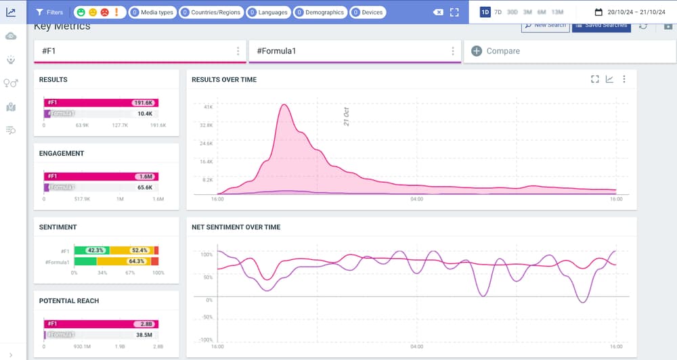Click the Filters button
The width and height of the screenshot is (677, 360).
tap(49, 12)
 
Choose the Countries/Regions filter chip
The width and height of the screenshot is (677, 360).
tap(212, 12)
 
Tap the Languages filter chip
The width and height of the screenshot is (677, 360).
tap(268, 12)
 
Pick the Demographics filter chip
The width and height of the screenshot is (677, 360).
tap(320, 12)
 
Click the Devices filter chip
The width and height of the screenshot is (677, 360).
tap(368, 12)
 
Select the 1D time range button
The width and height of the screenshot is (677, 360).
tap(485, 12)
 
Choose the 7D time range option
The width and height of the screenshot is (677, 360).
tap(498, 12)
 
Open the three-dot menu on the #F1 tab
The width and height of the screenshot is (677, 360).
tap(238, 51)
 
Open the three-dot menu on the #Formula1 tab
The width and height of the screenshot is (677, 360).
tap(453, 51)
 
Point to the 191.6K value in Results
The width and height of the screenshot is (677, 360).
tap(144, 103)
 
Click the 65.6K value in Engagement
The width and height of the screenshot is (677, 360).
tap(144, 187)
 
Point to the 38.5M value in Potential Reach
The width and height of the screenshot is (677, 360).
tap(143, 335)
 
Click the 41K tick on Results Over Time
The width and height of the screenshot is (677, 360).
tap(208, 107)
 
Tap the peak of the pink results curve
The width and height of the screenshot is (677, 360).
tap(285, 105)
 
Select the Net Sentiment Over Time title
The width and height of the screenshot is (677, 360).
tap(236, 227)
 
